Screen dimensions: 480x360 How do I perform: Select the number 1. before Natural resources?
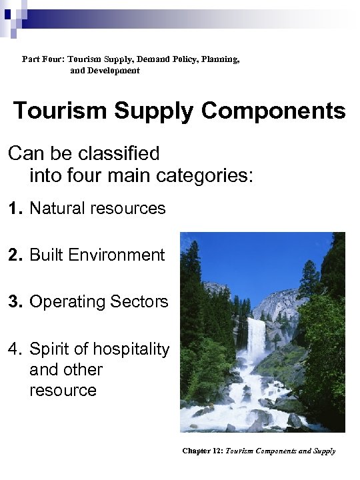[16, 209]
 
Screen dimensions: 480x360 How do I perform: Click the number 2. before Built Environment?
[16, 255]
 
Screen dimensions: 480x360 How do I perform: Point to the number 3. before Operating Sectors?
[16, 301]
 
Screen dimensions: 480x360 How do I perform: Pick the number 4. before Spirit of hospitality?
[16, 349]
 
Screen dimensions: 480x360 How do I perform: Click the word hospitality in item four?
[131, 349]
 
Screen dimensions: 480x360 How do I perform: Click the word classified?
[118, 153]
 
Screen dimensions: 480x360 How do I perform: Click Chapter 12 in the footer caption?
[203, 451]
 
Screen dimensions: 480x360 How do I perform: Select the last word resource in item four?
[63, 390]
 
